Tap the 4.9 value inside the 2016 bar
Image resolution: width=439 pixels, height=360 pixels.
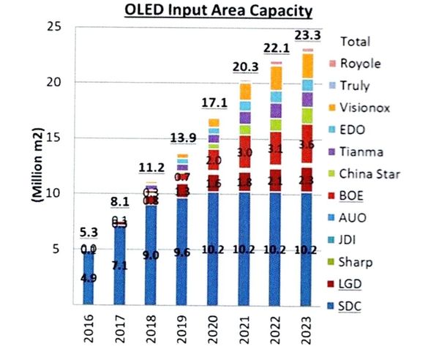pos(88,277)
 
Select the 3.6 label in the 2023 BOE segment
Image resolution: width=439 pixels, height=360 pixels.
pos(308,146)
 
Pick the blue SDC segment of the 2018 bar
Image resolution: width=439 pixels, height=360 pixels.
pos(151,256)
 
